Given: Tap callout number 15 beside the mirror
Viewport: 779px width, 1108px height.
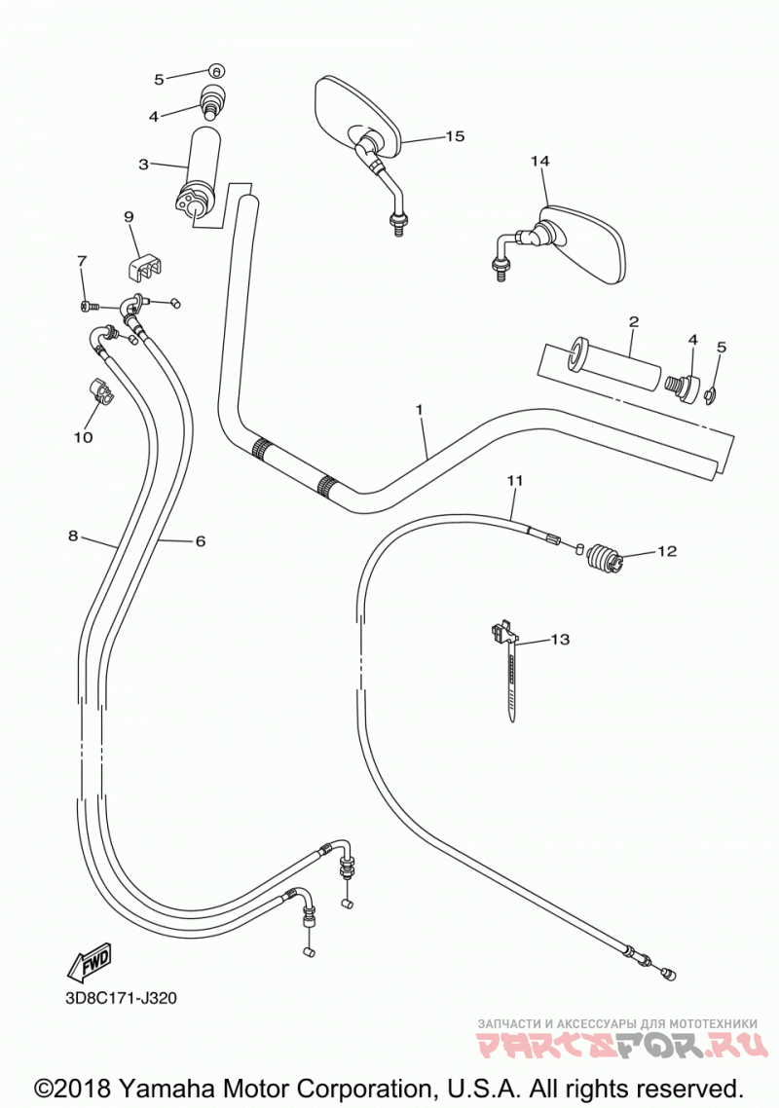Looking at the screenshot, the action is click(456, 135).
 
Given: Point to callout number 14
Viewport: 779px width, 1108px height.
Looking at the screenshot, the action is click(540, 161).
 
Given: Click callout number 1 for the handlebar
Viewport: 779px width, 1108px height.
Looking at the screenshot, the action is click(419, 409).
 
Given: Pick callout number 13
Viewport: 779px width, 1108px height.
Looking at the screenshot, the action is click(560, 640).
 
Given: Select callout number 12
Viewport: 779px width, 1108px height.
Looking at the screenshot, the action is click(667, 551).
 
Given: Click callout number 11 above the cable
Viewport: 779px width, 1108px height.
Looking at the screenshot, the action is click(514, 481).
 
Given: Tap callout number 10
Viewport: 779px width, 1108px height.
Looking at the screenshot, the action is click(84, 437).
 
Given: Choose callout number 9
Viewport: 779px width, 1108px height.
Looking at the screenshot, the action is click(129, 217).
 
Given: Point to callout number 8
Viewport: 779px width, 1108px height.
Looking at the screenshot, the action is click(73, 536).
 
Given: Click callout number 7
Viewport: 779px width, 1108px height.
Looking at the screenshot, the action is click(81, 262).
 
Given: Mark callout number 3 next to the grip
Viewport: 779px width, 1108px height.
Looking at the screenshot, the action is click(143, 165).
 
